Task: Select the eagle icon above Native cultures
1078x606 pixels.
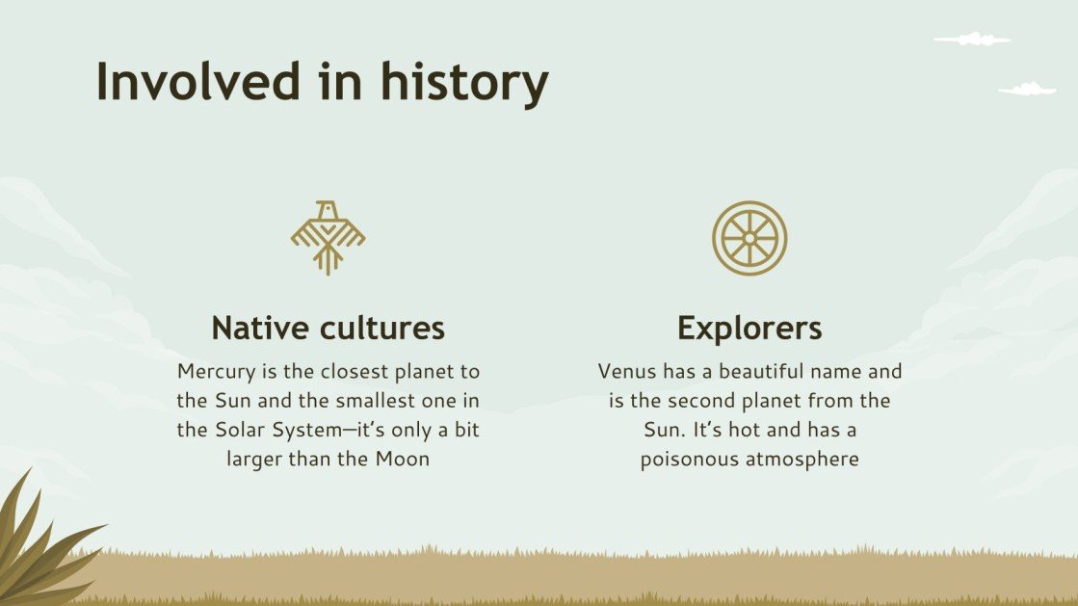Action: pyautogui.click(x=328, y=237)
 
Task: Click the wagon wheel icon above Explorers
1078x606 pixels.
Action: pyautogui.click(x=749, y=237)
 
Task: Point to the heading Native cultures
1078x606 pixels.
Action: pyautogui.click(x=328, y=328)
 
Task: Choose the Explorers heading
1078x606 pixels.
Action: pyautogui.click(x=749, y=328)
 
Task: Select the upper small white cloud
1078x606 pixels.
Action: pyautogui.click(x=972, y=40)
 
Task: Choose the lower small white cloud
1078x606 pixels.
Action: pyautogui.click(x=1028, y=90)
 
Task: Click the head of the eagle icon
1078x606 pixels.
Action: pyautogui.click(x=329, y=208)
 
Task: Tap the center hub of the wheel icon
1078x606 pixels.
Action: pyautogui.click(x=749, y=237)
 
